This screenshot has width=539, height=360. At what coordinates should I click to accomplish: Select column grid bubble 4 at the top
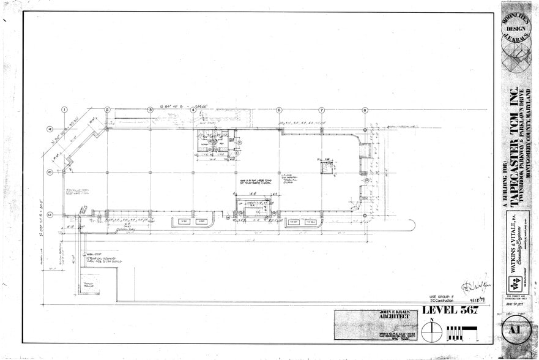(193, 110)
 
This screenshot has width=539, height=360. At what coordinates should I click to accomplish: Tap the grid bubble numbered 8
(365, 110)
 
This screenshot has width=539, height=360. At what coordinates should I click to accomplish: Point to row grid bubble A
(50, 129)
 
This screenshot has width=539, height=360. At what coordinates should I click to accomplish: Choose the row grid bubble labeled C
(50, 214)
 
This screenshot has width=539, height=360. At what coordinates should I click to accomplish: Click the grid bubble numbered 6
(279, 110)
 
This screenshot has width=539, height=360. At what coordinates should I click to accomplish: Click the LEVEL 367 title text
(448, 310)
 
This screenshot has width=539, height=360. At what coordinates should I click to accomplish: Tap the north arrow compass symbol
(433, 332)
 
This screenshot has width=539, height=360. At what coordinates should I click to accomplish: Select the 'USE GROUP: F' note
(444, 296)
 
